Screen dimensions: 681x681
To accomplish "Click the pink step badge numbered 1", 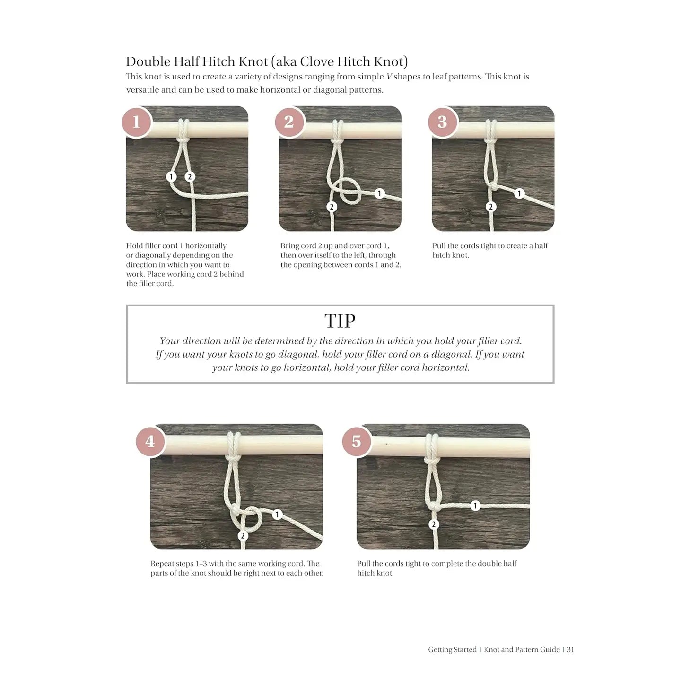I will [136, 122].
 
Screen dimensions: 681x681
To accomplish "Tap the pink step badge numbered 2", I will [289, 122].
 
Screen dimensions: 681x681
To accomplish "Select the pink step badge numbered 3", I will [442, 122].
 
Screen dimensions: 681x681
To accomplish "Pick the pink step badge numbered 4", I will [150, 441].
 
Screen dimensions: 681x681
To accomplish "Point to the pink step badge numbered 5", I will [356, 441].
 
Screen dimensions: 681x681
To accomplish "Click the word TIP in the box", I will [340, 321].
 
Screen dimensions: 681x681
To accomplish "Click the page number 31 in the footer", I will [570, 650].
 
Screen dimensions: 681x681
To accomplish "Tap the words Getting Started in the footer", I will [452, 650].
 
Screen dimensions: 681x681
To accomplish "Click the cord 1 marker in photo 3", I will [519, 193].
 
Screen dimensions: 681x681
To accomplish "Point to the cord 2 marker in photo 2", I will [332, 207].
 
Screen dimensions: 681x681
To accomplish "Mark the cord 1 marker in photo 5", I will [475, 506].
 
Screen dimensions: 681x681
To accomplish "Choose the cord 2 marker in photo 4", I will [243, 535].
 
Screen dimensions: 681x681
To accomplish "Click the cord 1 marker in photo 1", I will [171, 176].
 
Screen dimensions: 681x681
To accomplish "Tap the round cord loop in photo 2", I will [350, 191].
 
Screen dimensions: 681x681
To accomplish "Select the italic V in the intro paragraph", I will [389, 77].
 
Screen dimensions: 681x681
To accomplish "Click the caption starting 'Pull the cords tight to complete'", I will [437, 568].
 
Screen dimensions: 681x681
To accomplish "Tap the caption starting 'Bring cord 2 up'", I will [340, 255].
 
